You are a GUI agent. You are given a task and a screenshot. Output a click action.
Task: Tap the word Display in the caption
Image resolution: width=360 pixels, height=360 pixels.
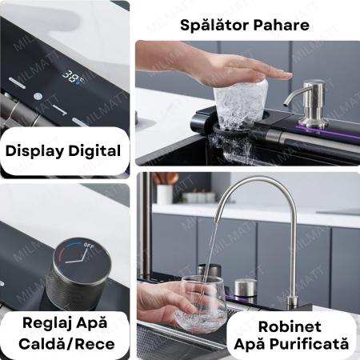(x=35, y=151)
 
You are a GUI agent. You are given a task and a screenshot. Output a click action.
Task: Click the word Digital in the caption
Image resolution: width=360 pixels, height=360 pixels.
(x=94, y=150)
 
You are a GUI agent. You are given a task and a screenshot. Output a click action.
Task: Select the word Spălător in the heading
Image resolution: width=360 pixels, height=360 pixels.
(x=214, y=26)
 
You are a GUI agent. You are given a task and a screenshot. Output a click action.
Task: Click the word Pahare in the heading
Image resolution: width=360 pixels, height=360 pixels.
(x=282, y=26)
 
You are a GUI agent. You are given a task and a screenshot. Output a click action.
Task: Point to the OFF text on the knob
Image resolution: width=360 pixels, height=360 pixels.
(x=89, y=246)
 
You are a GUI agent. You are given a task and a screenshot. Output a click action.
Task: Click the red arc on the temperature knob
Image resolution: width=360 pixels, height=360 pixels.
(x=62, y=254)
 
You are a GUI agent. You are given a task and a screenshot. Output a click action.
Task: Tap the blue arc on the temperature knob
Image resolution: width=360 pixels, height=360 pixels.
(x=74, y=245)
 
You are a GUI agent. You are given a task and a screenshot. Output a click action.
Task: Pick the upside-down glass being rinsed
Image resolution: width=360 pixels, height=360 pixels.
(x=241, y=106)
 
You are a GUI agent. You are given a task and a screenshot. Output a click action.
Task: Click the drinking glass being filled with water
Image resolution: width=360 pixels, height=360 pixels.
(x=201, y=304)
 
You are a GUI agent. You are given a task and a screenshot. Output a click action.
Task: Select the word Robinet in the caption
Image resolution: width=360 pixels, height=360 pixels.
(x=290, y=326)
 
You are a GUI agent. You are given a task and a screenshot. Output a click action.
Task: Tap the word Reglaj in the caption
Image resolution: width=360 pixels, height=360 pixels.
(x=46, y=323)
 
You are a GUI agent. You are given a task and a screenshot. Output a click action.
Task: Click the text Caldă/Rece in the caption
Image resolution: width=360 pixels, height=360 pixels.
(x=66, y=344)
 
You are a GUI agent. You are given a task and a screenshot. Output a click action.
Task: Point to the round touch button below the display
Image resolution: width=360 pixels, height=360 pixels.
(x=38, y=96)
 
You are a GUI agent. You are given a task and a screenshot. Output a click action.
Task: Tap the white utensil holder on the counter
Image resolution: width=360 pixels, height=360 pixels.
(x=164, y=194)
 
